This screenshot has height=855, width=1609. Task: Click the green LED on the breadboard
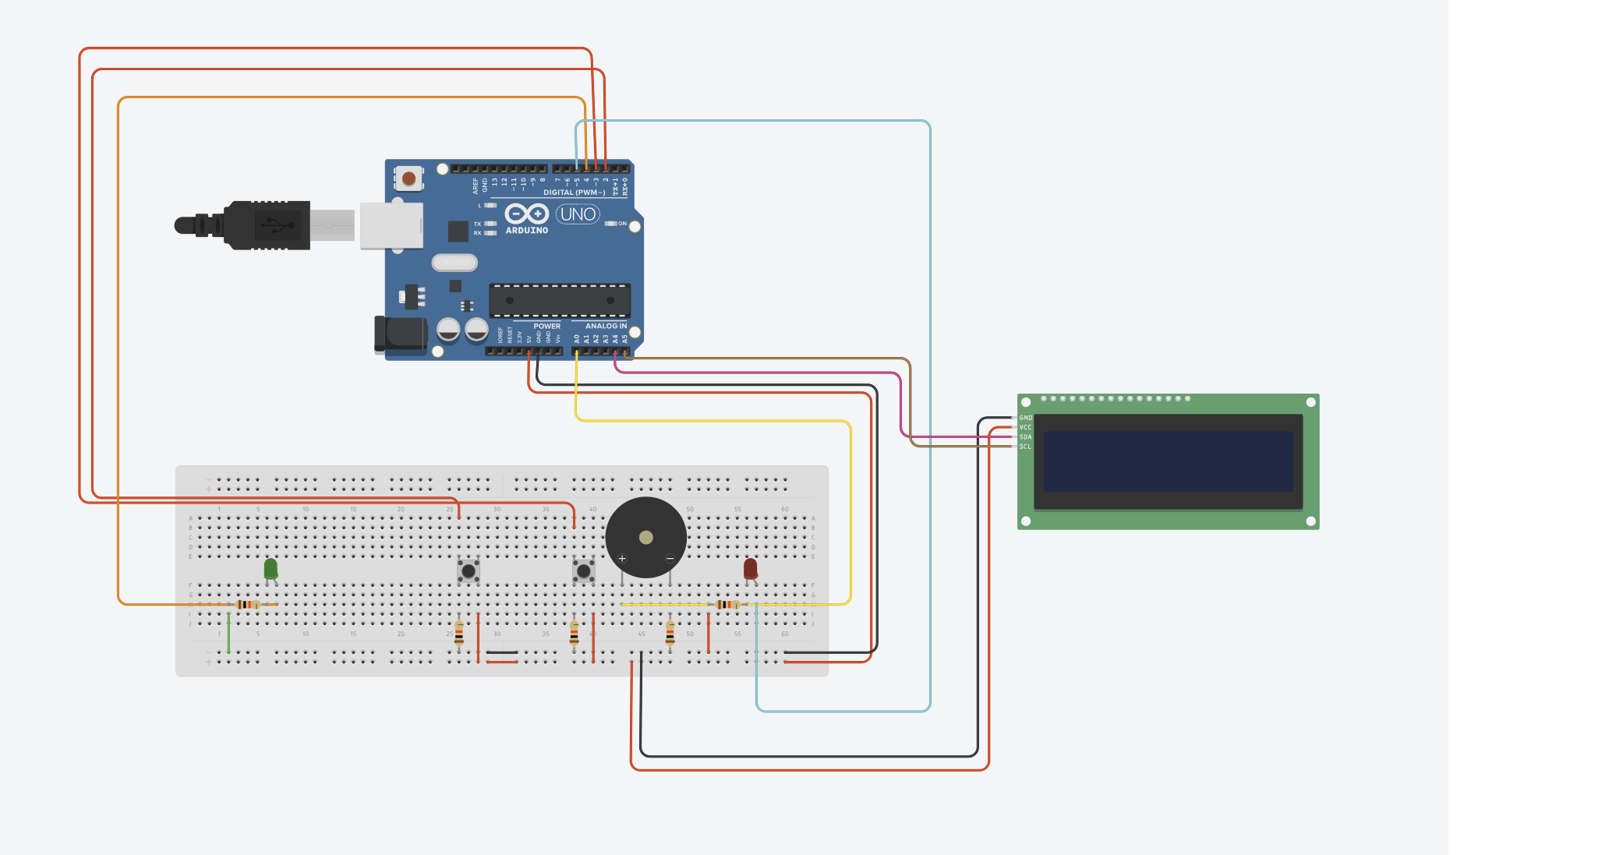pyautogui.click(x=271, y=568)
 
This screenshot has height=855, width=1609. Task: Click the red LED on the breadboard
pyautogui.click(x=750, y=568)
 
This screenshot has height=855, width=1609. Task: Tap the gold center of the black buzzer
pyautogui.click(x=645, y=537)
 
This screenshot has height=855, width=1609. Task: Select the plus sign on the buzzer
pyautogui.click(x=622, y=559)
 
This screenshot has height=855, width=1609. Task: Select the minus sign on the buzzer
pyautogui.click(x=670, y=559)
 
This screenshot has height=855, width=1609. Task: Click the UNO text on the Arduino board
pyautogui.click(x=578, y=214)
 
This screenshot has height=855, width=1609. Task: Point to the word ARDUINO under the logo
pyautogui.click(x=527, y=231)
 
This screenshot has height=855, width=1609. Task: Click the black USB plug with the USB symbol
pyautogui.click(x=269, y=225)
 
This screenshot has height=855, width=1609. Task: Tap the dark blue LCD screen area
pyautogui.click(x=1168, y=461)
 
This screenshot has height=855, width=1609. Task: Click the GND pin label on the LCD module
pyautogui.click(x=1026, y=419)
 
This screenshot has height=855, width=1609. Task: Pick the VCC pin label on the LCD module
pyautogui.click(x=1026, y=428)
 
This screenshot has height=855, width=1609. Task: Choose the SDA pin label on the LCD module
pyautogui.click(x=1026, y=437)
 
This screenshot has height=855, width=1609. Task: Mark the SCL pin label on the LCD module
pyautogui.click(x=1026, y=447)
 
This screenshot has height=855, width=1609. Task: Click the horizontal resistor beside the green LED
pyautogui.click(x=248, y=604)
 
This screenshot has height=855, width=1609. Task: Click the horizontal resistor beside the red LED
pyautogui.click(x=727, y=604)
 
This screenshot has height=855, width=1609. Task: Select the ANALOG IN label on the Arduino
pyautogui.click(x=606, y=327)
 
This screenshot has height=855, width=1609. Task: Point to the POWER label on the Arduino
pyautogui.click(x=546, y=327)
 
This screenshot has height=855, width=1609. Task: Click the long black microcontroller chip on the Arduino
pyautogui.click(x=560, y=300)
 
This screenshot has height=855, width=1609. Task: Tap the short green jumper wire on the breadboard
pyautogui.click(x=228, y=633)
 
